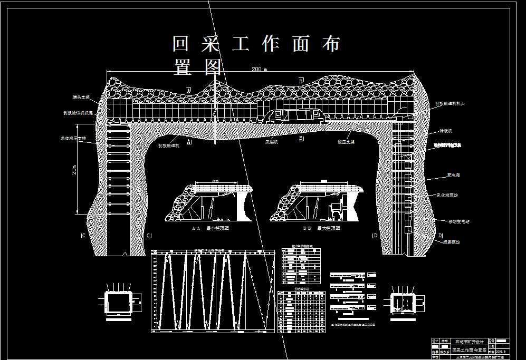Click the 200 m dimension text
click(259, 69)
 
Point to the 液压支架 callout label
click(346, 142)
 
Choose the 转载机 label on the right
click(446, 130)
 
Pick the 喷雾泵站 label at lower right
click(450, 242)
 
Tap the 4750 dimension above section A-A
click(215, 181)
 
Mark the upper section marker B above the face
click(301, 81)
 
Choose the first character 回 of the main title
click(181, 44)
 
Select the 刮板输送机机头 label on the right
click(452, 104)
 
